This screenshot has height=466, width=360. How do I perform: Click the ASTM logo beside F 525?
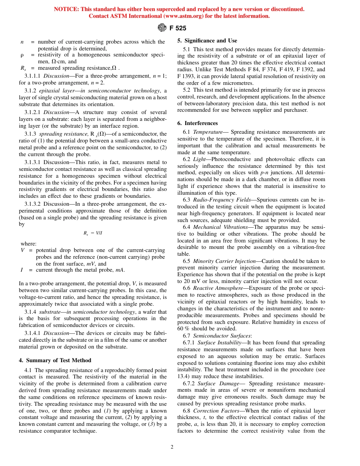[x=162, y=28]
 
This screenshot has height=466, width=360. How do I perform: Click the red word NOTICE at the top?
[x=66, y=9]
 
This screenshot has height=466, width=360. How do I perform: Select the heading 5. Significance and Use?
[x=207, y=41]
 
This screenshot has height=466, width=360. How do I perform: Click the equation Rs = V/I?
[x=92, y=233]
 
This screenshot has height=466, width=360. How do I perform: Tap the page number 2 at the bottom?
[x=172, y=447]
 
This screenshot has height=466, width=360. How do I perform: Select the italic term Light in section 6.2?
[x=199, y=160]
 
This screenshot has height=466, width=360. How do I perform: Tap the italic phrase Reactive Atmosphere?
[x=218, y=288]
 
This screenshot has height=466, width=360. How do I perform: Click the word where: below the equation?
[x=28, y=244]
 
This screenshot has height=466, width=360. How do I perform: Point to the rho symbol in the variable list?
[x=22, y=55]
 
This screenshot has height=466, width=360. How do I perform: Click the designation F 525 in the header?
[x=178, y=28]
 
